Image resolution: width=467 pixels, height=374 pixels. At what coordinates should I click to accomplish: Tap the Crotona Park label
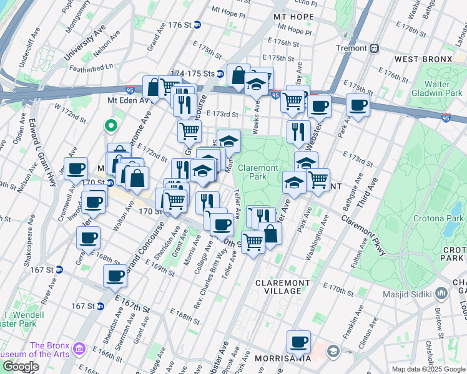[438, 219]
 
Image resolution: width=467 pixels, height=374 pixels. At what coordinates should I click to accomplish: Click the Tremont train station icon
[375, 48]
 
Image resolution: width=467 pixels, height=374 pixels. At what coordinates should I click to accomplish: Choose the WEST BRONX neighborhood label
[423, 59]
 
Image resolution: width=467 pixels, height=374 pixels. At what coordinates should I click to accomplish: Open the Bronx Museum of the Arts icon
[79, 347]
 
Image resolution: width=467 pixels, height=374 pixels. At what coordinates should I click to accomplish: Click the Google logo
[20, 367]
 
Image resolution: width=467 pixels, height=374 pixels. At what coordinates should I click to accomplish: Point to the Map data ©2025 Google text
[428, 369]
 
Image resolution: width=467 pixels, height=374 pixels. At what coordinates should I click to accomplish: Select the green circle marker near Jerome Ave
[111, 127]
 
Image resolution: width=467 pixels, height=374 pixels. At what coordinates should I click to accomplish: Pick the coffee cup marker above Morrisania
[298, 341]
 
